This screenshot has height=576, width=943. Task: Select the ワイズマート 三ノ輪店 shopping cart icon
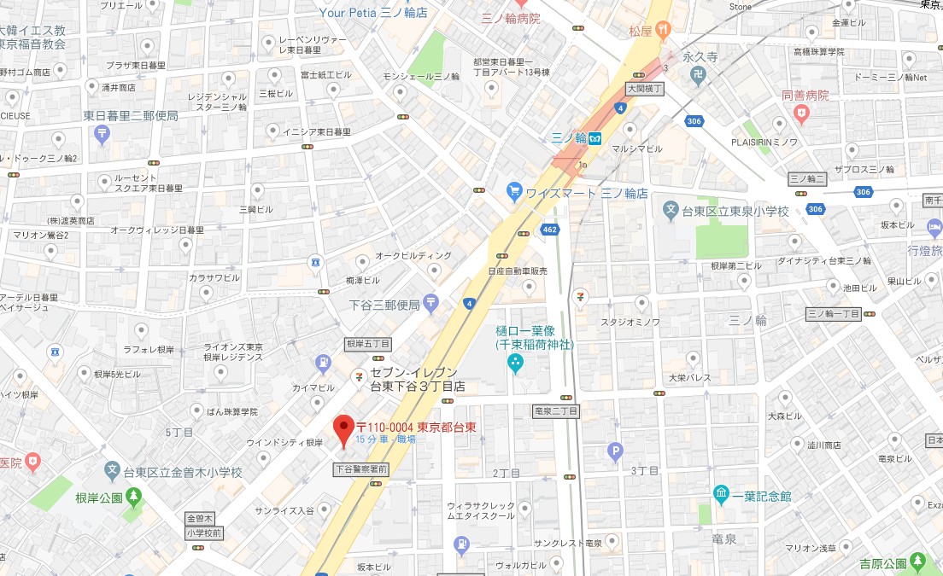point(514,191)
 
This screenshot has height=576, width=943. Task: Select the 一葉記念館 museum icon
point(722,495)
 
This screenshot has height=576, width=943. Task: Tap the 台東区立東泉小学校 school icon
point(672,209)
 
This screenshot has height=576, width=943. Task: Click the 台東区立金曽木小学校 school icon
point(112,470)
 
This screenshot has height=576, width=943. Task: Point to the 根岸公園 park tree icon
point(133,496)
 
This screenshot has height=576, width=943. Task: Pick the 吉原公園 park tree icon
point(917,561)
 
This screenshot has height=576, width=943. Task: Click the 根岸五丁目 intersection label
point(367,343)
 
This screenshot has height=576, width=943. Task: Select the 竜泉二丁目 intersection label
point(555,410)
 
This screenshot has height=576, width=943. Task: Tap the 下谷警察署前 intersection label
point(361,469)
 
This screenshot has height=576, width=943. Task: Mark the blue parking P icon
point(614,451)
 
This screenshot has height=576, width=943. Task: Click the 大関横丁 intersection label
point(644,88)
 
